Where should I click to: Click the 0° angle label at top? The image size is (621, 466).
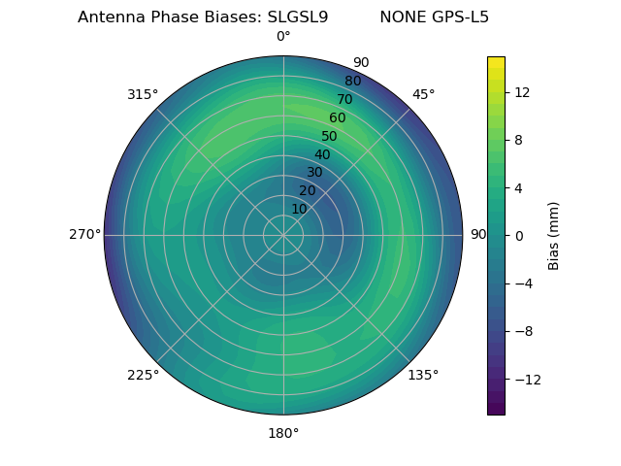coord(283,37)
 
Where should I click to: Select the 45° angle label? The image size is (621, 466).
coord(423,94)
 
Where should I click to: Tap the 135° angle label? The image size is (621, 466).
coord(423,375)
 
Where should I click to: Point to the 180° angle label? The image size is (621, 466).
coord(283,433)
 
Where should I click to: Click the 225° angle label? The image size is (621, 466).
coord(143,375)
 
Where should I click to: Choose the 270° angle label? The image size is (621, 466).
coord(84,234)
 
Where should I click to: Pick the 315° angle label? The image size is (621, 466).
coord(143,94)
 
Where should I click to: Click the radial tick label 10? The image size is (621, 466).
coord(299,209)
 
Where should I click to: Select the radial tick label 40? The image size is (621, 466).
coord(322,154)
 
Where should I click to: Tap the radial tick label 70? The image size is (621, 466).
coord(344,99)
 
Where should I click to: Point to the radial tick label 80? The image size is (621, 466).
coord(352,81)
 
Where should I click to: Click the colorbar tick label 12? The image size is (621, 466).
coord(521,92)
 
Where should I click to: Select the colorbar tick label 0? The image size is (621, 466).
coord(517,235)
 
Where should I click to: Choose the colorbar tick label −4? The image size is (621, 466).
coord(521,283)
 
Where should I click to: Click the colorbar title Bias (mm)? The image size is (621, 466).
coord(554,235)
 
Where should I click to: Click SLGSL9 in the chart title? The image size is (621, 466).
coord(297,17)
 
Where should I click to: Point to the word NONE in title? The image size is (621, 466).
coord(399,17)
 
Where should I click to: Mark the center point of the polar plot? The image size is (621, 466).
coord(283,235)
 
